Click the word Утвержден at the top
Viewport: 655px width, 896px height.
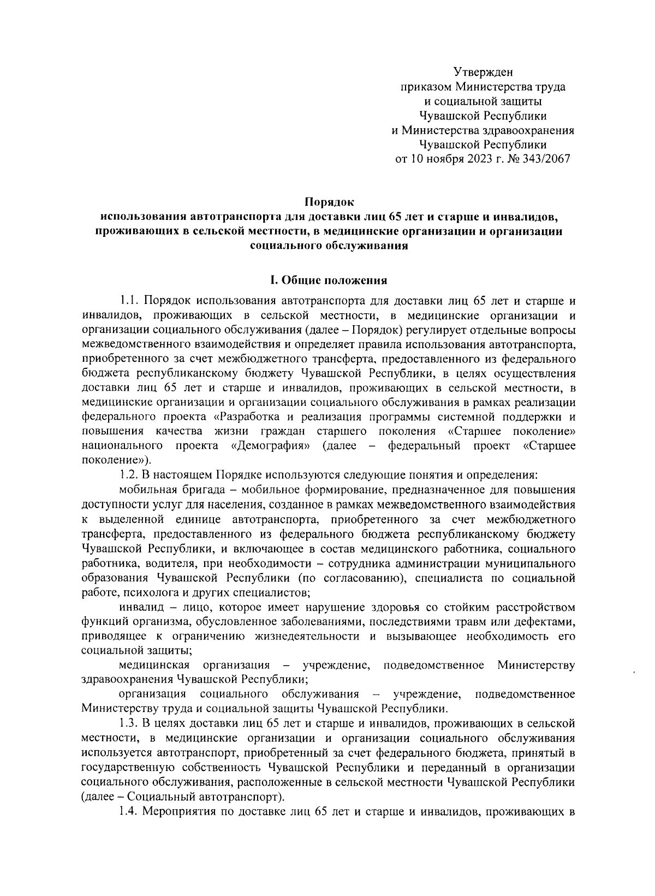pyautogui.click(x=483, y=71)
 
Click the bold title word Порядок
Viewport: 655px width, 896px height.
pyautogui.click(x=329, y=202)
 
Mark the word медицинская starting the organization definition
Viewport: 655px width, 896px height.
pyautogui.click(x=154, y=665)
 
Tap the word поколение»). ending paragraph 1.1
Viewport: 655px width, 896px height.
pyautogui.click(x=115, y=461)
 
